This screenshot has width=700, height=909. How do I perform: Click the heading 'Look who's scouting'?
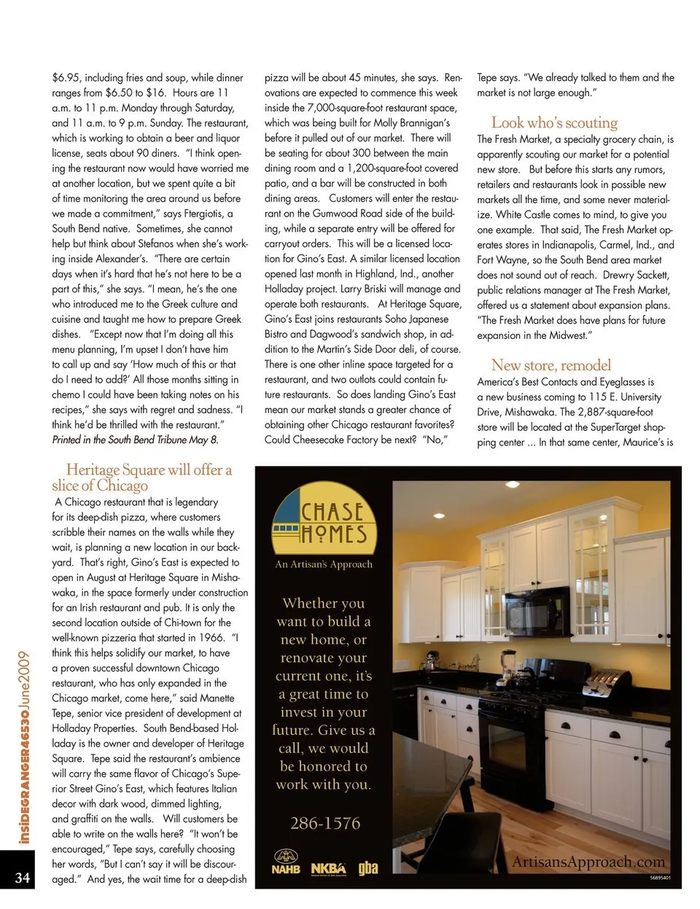554,122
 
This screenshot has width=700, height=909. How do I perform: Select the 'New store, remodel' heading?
551,365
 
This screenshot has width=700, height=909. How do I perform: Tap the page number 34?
22,877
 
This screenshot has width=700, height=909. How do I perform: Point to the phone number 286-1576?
325,824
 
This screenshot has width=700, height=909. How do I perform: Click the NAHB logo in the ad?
286,862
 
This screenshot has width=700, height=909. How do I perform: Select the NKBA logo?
328,868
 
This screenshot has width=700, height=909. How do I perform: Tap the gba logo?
367,867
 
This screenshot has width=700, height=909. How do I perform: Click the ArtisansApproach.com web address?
588,862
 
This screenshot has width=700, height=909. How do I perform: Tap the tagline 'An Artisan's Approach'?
324,564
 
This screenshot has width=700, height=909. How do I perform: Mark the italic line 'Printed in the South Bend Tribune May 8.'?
135,440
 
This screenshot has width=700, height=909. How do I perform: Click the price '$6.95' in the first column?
66,77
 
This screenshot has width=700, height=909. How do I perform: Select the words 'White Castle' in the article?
530,214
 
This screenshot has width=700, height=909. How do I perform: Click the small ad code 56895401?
660,878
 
